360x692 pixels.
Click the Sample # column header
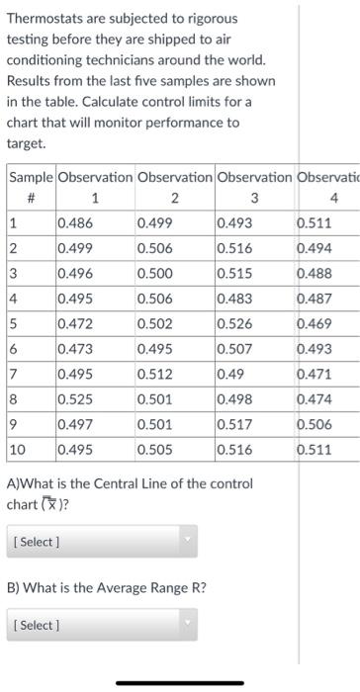click(x=31, y=186)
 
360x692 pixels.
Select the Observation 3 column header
click(x=253, y=186)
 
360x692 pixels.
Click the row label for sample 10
click(x=18, y=449)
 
